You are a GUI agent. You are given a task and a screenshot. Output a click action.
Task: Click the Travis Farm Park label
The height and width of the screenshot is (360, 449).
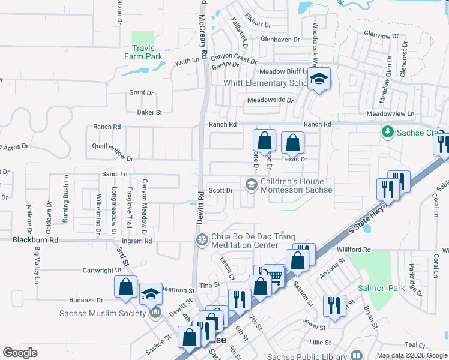coord(143,52)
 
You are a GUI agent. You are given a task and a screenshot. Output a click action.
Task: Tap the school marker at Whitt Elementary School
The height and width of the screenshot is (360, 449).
coord(319,79)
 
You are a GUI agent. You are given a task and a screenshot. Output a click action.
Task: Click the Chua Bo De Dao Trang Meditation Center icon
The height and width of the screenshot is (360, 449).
coord(202,240)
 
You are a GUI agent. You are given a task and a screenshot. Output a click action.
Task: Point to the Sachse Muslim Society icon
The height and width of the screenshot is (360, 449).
coord(155,313)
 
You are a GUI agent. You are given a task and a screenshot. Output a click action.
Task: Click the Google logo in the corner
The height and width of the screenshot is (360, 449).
coord(20,353)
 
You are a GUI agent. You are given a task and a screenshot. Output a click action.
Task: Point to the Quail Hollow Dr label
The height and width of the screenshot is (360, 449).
coord(113,152)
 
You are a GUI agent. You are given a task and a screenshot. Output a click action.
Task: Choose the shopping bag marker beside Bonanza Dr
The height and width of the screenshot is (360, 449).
coord(125,287)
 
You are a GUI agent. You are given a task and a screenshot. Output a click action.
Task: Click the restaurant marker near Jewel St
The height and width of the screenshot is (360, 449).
coord(334,305)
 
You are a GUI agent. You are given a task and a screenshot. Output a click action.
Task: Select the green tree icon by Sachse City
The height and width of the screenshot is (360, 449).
coord(388,131)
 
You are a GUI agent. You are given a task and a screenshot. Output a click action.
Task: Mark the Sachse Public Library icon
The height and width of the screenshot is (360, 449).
coord(357,355)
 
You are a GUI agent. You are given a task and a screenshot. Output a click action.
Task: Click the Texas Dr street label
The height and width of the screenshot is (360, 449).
coord(295,160)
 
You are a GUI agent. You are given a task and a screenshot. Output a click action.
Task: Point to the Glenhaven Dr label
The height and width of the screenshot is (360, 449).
coord(280,40)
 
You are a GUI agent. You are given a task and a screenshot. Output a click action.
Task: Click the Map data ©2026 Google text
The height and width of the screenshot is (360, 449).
coord(411,356)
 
